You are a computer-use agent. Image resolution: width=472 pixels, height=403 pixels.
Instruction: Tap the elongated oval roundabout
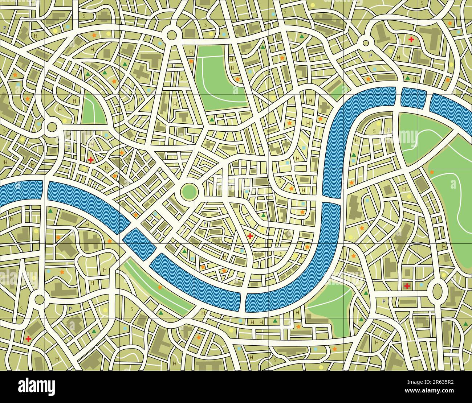(x=437, y=290)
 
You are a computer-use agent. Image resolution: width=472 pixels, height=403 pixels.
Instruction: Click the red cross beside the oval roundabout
(x=407, y=286)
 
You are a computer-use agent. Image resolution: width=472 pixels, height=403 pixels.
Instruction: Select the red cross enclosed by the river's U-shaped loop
(x=250, y=236)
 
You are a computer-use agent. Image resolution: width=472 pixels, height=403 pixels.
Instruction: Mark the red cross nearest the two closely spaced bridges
(x=411, y=39)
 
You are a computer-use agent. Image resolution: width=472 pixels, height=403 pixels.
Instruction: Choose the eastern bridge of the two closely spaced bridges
(x=427, y=97)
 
